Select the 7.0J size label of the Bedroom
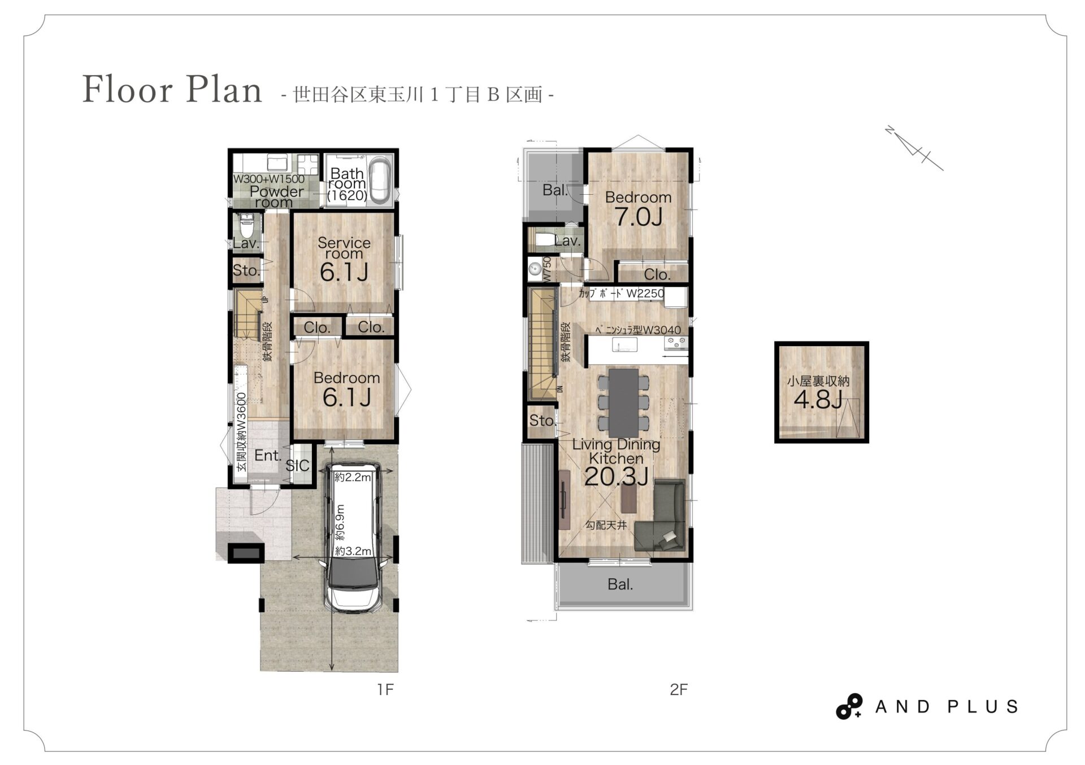click(638, 217)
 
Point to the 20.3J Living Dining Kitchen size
click(616, 477)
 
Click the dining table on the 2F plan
click(624, 402)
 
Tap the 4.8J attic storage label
click(818, 400)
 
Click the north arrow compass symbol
click(914, 148)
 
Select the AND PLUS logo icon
click(849, 706)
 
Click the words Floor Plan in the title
click(172, 89)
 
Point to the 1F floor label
click(385, 689)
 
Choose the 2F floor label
click(679, 689)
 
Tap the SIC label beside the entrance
click(297, 465)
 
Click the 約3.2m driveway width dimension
click(353, 551)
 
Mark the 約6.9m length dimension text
click(340, 522)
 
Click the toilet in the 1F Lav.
click(247, 226)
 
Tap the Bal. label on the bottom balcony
click(620, 584)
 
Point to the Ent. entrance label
click(267, 455)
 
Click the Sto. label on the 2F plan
click(542, 420)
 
